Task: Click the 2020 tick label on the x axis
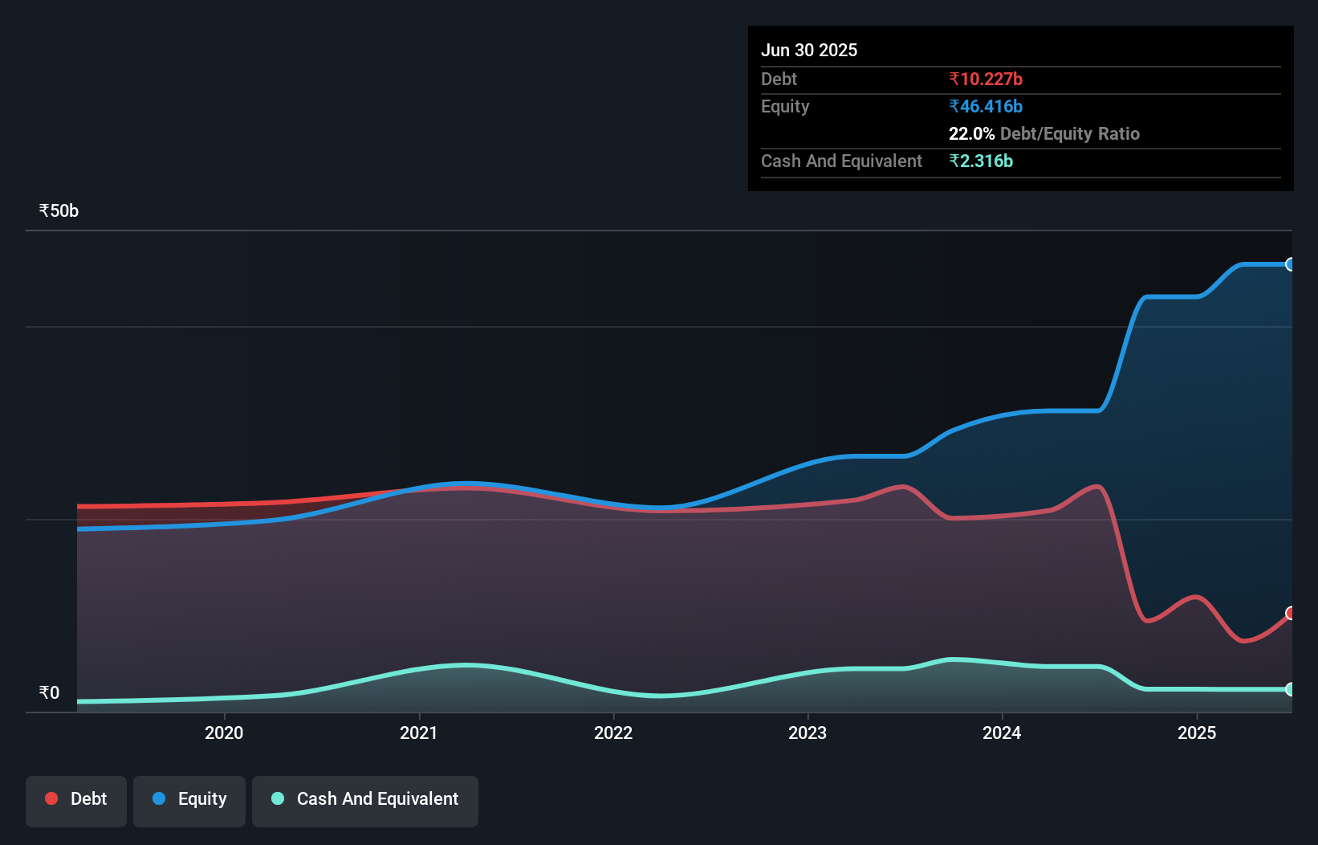[224, 733]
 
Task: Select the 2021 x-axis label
[419, 733]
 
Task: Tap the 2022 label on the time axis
[613, 733]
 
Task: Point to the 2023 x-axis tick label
[807, 733]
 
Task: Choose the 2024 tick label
[1002, 733]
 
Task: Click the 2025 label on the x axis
[1197, 733]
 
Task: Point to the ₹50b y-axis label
[59, 211]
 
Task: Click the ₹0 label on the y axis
[49, 692]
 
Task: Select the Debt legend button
[76, 799]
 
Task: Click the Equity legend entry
[189, 799]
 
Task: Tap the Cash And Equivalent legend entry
[365, 799]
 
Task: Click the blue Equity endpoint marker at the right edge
[1291, 264]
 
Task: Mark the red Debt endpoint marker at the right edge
[1291, 614]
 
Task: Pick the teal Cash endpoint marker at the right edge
[1291, 689]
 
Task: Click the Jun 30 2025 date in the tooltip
[809, 50]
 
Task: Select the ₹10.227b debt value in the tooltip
[986, 79]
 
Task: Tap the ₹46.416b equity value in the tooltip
[986, 106]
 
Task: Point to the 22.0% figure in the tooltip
[971, 133]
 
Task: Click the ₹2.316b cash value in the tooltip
[981, 161]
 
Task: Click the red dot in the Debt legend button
[51, 798]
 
